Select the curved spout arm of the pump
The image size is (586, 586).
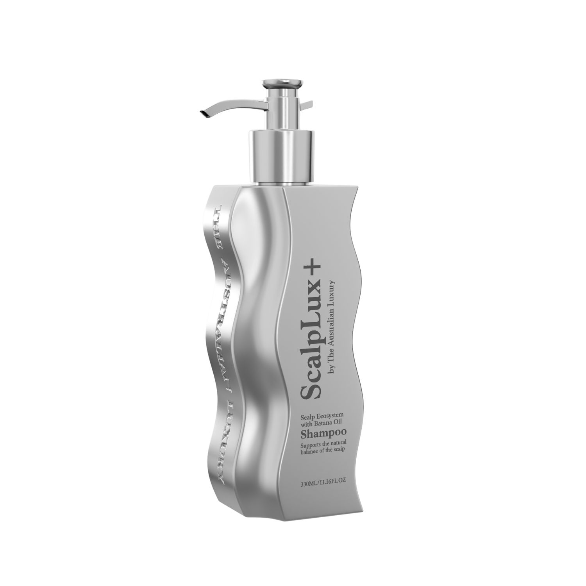[x=230, y=103]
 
